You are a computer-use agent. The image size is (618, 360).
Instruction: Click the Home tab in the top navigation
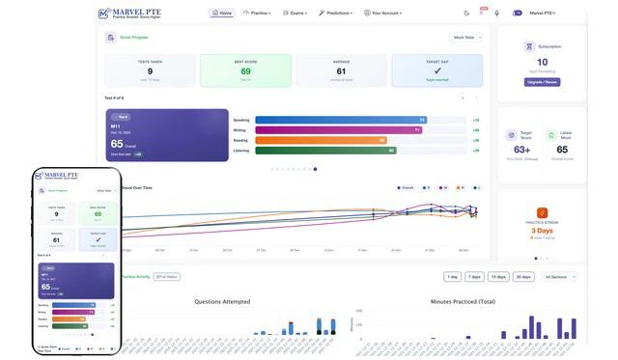pyautogui.click(x=222, y=14)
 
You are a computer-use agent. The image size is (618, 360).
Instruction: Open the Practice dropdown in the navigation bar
pyautogui.click(x=257, y=14)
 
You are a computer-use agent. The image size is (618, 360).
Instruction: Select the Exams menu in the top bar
pyautogui.click(x=295, y=14)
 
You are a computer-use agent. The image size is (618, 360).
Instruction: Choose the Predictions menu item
pyautogui.click(x=336, y=14)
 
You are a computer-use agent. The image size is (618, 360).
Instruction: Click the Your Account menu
pyautogui.click(x=382, y=14)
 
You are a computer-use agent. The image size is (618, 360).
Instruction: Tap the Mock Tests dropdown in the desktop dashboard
pyautogui.click(x=465, y=38)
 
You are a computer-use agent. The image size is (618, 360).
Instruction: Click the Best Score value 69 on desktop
pyautogui.click(x=245, y=71)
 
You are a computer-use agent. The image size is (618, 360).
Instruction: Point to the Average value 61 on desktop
pyautogui.click(x=341, y=71)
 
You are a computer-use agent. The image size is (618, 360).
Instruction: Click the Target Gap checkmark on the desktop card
pyautogui.click(x=436, y=71)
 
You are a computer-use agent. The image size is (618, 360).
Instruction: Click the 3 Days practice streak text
pyautogui.click(x=542, y=231)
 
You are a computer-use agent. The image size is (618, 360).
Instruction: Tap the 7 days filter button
pyautogui.click(x=474, y=277)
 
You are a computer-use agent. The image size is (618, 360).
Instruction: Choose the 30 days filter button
pyautogui.click(x=522, y=277)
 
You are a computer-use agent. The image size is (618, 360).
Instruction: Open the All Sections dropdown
pyautogui.click(x=559, y=277)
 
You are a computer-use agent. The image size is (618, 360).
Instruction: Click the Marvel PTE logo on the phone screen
pyautogui.click(x=58, y=176)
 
